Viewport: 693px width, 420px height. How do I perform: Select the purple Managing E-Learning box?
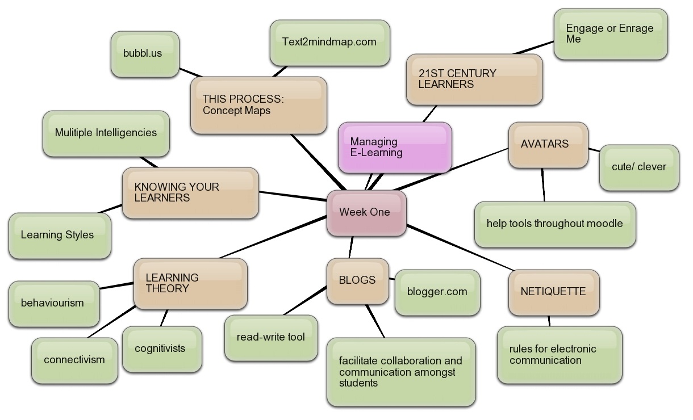pyautogui.click(x=395, y=148)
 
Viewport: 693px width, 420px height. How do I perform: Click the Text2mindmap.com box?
pyautogui.click(x=329, y=43)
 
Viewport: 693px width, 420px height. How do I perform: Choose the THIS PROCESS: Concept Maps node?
pyautogui.click(x=258, y=106)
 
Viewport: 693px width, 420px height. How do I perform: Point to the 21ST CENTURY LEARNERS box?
pyautogui.click(x=474, y=79)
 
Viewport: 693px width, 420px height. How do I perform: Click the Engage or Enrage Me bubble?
pyautogui.click(x=610, y=34)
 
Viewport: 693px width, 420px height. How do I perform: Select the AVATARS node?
pyautogui.click(x=548, y=145)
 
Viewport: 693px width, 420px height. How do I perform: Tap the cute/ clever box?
pyautogui.click(x=638, y=167)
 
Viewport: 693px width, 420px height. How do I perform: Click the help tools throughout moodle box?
pyautogui.click(x=554, y=224)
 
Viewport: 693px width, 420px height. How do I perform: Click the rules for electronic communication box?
pyautogui.click(x=559, y=355)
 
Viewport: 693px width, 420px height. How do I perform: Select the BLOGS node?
pyautogui.click(x=357, y=280)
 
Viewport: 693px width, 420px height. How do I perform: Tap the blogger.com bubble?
pyautogui.click(x=437, y=292)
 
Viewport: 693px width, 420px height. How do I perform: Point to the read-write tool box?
pyautogui.click(x=271, y=338)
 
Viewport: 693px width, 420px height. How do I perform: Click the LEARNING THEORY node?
pyautogui.click(x=190, y=284)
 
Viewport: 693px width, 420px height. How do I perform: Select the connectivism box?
pyautogui.click(x=74, y=360)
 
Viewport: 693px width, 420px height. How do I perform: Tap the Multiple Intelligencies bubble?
pyautogui.click(x=106, y=133)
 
